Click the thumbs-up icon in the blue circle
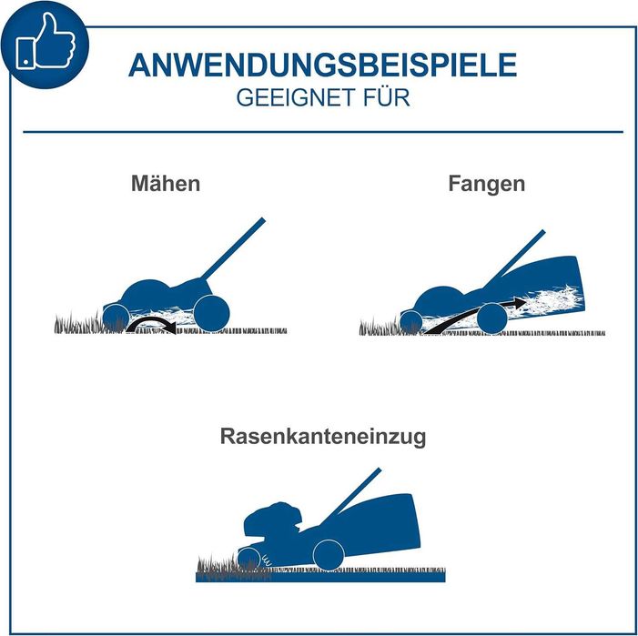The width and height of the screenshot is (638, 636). [x=46, y=43]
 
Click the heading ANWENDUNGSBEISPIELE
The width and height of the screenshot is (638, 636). [x=323, y=66]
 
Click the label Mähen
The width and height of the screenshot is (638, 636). [x=166, y=184]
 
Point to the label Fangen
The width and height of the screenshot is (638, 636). [x=487, y=184]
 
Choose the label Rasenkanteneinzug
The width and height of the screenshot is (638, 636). [x=323, y=437]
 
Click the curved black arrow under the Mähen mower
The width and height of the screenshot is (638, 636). [x=151, y=320]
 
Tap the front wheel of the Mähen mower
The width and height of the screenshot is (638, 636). [x=116, y=318]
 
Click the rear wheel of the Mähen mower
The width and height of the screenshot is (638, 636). [x=211, y=313]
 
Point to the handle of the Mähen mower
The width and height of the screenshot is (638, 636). [x=233, y=249]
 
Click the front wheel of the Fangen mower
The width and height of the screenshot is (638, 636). [x=411, y=322]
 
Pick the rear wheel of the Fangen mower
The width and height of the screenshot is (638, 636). [x=492, y=318]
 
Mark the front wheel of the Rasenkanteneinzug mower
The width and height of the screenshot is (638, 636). [x=248, y=558]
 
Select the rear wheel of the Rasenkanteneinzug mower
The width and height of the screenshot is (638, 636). [x=329, y=555]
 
